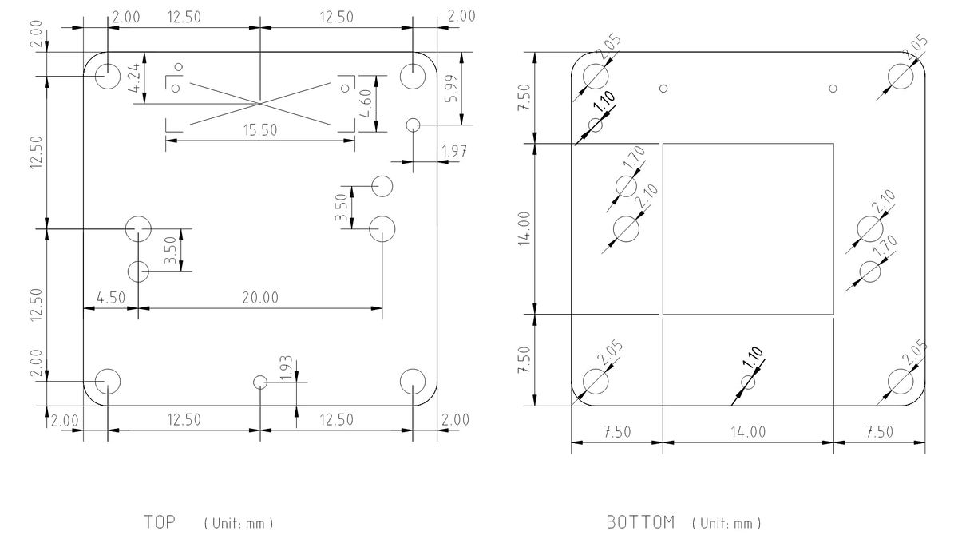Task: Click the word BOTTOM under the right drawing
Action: [640, 523]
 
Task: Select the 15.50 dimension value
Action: [261, 131]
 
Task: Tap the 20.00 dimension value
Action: [261, 298]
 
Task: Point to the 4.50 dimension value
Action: [110, 298]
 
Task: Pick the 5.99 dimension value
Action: [453, 93]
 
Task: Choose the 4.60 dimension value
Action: [366, 103]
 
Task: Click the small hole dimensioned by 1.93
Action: [259, 382]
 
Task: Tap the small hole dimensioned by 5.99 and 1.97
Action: [413, 125]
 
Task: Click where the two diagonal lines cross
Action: [260, 102]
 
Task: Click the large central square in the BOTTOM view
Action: [748, 228]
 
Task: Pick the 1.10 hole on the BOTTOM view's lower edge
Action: [748, 382]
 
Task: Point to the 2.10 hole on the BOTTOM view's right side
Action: [870, 229]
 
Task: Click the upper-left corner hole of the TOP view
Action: [107, 76]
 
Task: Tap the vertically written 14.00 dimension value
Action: [525, 229]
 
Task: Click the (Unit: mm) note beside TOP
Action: [239, 524]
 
